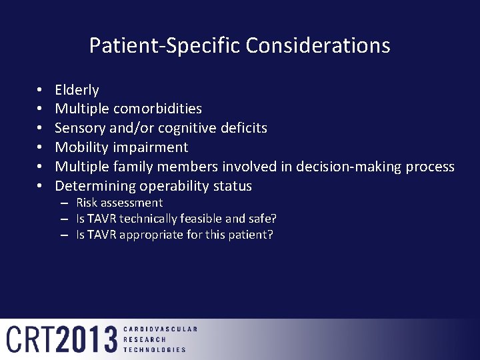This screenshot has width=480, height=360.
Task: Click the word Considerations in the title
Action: pos(317,45)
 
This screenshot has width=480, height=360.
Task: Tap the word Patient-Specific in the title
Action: pos(165,45)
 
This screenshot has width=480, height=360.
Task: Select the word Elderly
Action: pos(77,90)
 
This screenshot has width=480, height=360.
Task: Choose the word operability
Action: pos(171,186)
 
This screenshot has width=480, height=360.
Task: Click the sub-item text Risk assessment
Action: pos(119,203)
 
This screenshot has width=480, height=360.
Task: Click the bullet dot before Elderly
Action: pos(40,90)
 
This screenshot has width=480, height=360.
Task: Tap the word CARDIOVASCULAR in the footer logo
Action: pos(160,329)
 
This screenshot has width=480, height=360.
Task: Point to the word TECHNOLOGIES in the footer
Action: pos(155,349)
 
